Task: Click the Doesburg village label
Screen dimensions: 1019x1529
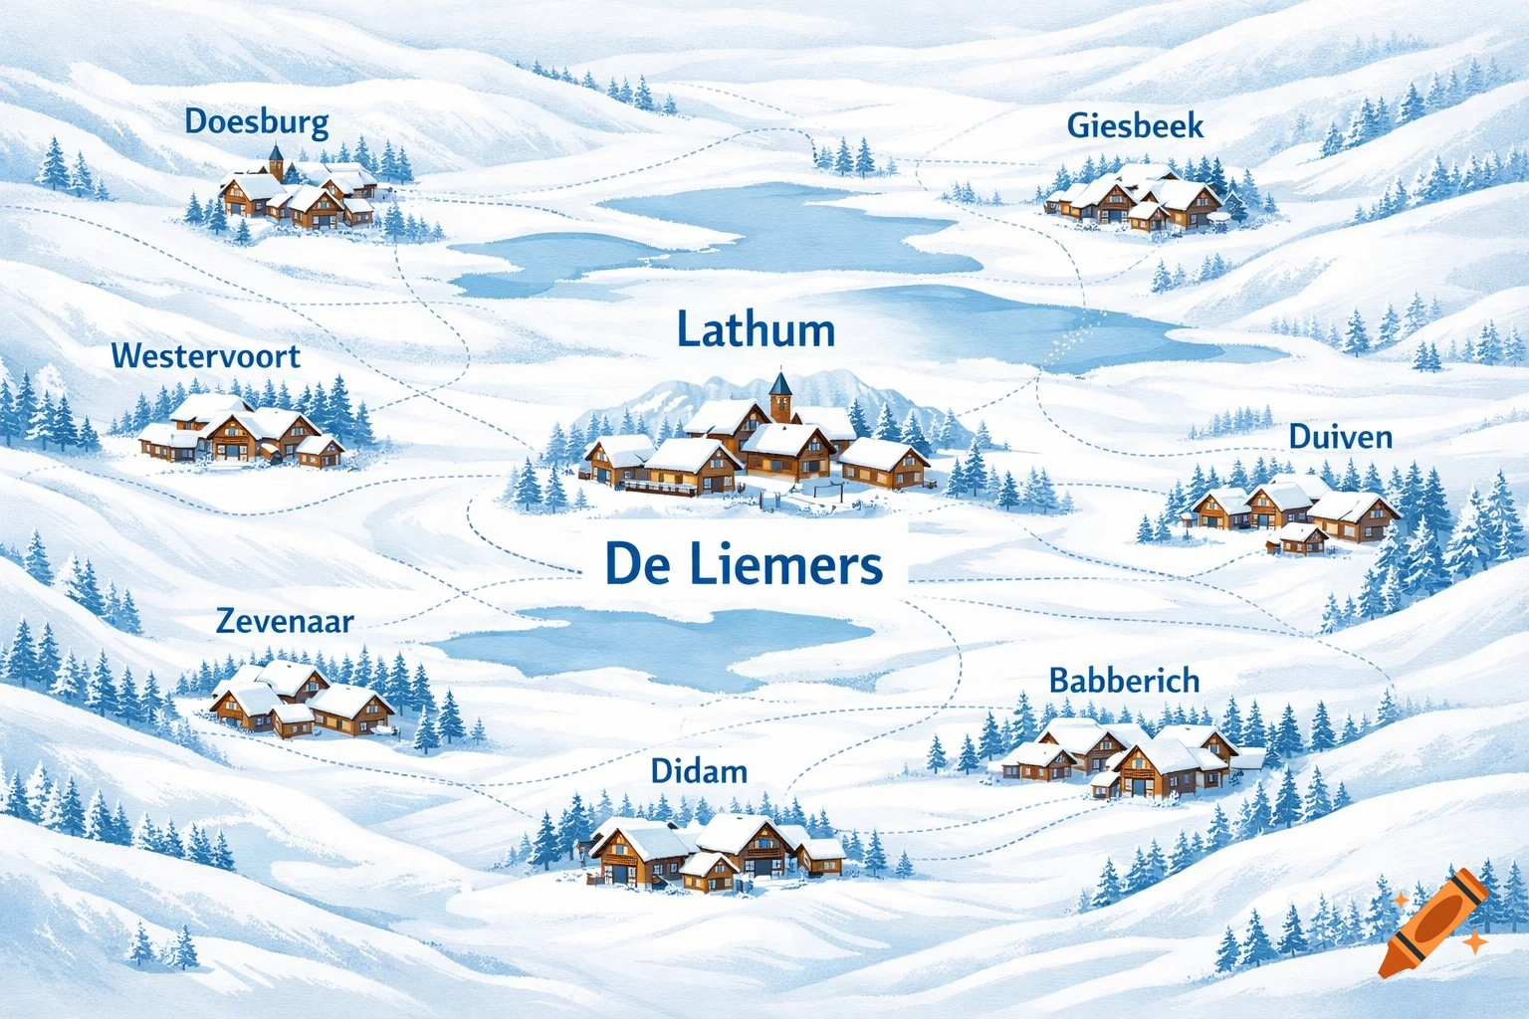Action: click(x=257, y=122)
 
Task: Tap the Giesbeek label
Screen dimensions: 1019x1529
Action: click(x=1135, y=125)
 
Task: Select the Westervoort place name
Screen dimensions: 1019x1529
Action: click(x=205, y=355)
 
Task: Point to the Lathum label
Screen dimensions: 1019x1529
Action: click(x=756, y=329)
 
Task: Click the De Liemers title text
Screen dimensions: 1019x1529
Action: click(x=743, y=564)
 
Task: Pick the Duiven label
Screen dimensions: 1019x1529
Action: click(x=1340, y=436)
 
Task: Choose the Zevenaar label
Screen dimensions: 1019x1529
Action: click(x=285, y=621)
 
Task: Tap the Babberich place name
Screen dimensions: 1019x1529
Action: click(x=1124, y=681)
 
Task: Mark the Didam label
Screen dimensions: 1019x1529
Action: click(x=698, y=770)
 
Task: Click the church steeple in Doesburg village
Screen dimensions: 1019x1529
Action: click(x=276, y=159)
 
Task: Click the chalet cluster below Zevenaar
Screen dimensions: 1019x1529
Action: click(x=300, y=700)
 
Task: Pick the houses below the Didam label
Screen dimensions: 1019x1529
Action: click(x=715, y=849)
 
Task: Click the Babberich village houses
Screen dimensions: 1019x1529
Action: click(x=1129, y=757)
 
